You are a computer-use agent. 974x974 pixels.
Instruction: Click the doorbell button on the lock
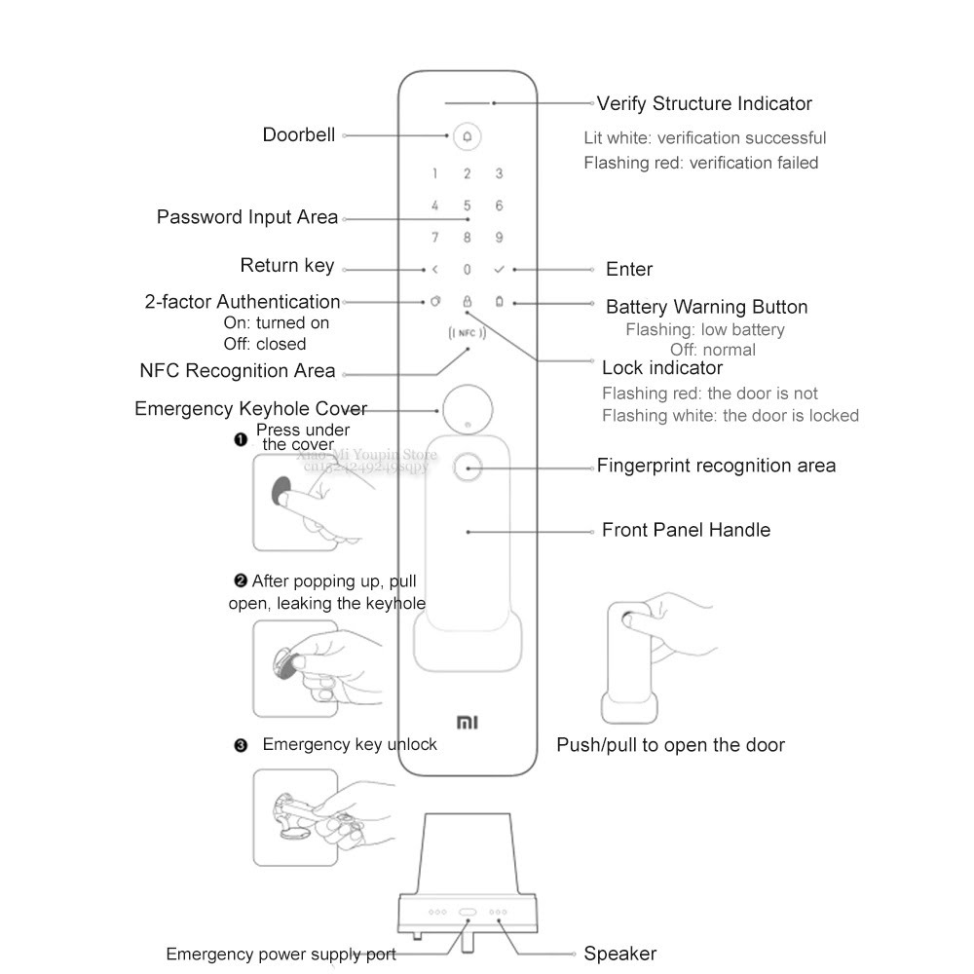(x=467, y=136)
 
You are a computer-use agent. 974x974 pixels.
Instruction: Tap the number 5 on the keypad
(x=467, y=206)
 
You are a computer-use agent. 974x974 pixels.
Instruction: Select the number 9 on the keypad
(x=499, y=238)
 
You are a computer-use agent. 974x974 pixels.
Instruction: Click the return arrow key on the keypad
(x=435, y=270)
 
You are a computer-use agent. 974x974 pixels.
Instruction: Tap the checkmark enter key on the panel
(x=499, y=270)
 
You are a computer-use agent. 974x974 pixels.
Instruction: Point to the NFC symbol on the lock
(x=467, y=334)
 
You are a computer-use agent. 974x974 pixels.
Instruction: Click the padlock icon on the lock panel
(x=467, y=302)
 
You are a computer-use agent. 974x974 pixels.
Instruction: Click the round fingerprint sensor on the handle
(x=468, y=468)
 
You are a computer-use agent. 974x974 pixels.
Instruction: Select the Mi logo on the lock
(x=467, y=723)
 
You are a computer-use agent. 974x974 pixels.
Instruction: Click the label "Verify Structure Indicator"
(x=704, y=103)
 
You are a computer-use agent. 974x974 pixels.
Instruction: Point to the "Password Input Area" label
(x=247, y=217)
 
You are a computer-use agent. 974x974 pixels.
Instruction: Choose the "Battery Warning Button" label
(x=706, y=307)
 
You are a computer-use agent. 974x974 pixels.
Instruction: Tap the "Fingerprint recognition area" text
(x=716, y=466)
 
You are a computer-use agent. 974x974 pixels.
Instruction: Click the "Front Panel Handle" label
(x=686, y=530)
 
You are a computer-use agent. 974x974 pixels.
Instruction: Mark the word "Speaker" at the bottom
(x=619, y=954)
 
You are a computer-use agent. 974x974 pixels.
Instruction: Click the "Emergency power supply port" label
(x=281, y=954)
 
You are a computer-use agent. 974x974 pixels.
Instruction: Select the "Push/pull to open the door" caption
(x=670, y=745)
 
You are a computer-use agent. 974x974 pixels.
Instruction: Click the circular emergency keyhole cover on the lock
(x=467, y=410)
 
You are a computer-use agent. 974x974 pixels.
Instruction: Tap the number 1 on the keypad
(x=435, y=174)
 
